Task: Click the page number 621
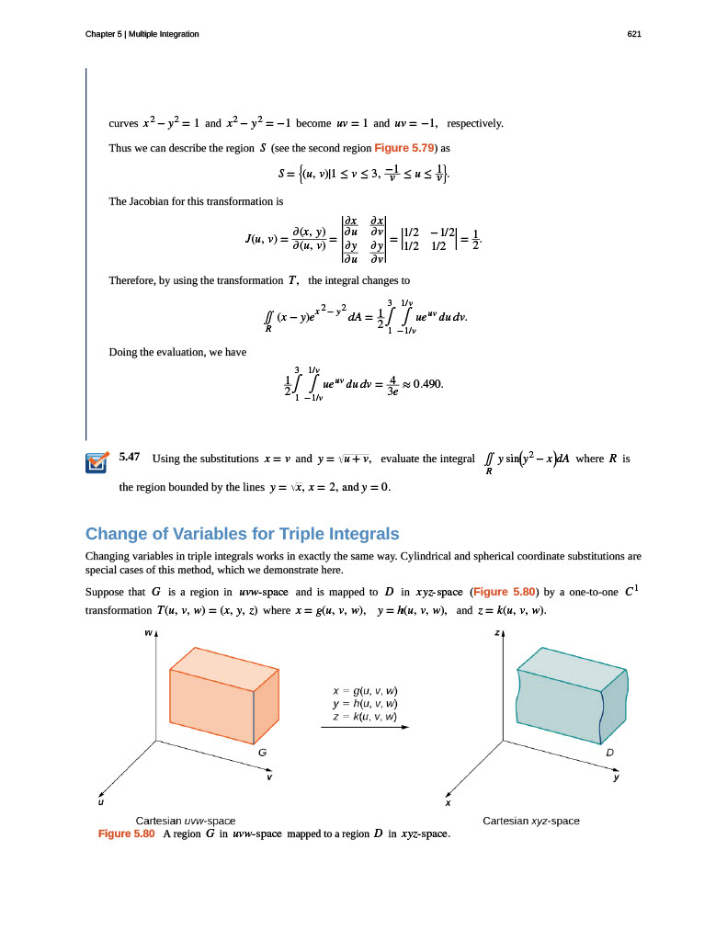tap(633, 34)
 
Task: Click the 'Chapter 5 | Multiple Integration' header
tap(142, 34)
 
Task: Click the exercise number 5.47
tap(130, 457)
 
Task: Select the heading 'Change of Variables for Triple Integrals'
tap(243, 534)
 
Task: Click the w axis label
tap(148, 632)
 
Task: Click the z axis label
tap(497, 632)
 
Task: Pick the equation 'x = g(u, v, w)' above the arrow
tap(366, 690)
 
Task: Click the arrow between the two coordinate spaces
tap(365, 727)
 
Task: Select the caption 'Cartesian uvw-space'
tap(186, 820)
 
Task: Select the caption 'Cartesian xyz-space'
tap(531, 820)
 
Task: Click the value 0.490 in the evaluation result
tap(428, 384)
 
